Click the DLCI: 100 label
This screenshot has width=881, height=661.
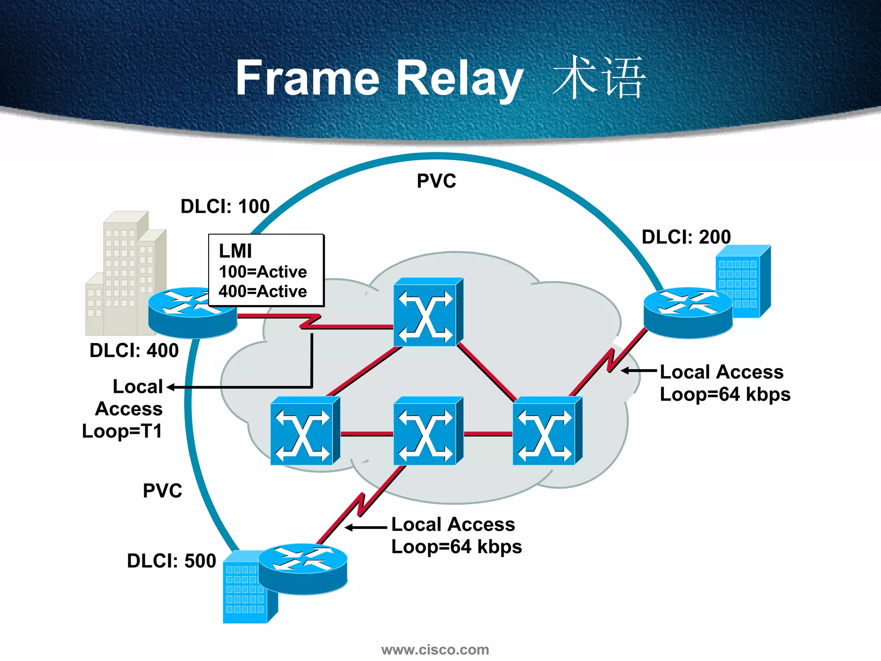coord(225,206)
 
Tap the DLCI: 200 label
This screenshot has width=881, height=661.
coord(686,237)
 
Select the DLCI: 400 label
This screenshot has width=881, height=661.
coord(134,350)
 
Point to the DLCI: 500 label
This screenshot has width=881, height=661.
coord(171,561)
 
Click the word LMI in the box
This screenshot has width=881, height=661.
coord(235,251)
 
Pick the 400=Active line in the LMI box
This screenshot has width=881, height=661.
coord(262,291)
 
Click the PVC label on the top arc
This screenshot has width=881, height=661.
coord(436,181)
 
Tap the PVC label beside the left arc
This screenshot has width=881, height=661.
coord(162,491)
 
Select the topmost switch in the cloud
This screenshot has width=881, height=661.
coord(428,312)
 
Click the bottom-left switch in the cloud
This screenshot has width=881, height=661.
coord(305,431)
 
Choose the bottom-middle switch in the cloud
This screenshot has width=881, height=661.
coord(428,431)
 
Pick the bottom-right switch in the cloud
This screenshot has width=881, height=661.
coord(547,431)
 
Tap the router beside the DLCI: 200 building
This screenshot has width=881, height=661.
coord(687,313)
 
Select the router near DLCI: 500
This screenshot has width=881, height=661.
coord(302,569)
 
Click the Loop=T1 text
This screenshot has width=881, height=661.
coord(122,431)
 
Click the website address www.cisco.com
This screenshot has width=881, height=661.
coord(435,649)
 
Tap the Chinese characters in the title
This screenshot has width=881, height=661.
coord(599,77)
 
